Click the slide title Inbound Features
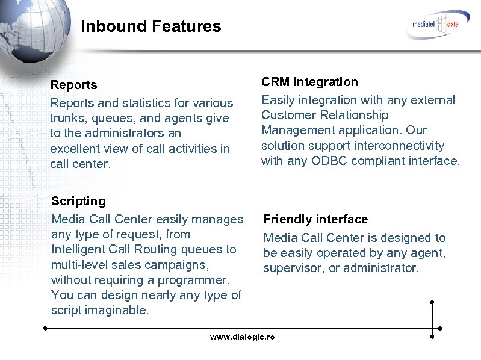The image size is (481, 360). (151, 26)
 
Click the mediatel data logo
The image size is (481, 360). (436, 24)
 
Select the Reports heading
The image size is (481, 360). (73, 85)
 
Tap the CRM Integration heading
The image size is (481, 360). (309, 82)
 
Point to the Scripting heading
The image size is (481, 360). (78, 201)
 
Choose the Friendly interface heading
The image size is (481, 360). (315, 219)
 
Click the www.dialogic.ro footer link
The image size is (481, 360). (242, 337)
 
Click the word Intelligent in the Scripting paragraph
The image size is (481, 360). (80, 249)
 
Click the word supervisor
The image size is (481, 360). (293, 268)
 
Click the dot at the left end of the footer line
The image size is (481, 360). (45, 328)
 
